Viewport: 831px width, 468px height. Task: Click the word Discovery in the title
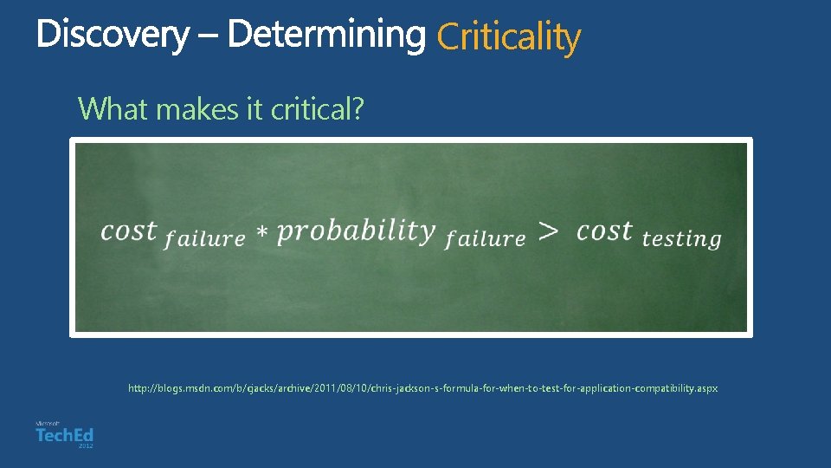(112, 36)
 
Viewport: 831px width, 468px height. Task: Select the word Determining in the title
(327, 36)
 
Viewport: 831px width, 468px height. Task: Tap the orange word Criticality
(508, 37)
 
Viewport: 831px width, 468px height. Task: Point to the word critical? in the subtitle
(317, 109)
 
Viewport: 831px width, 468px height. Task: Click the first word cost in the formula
(129, 231)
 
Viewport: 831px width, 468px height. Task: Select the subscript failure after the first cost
(205, 239)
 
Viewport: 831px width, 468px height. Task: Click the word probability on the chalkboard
(356, 231)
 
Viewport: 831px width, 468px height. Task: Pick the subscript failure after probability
(485, 239)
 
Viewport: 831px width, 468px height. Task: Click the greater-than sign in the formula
(549, 231)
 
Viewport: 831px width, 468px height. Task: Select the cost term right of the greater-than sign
(605, 231)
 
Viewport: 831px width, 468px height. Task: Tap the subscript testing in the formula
(682, 239)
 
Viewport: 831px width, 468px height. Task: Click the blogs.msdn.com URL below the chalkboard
(422, 388)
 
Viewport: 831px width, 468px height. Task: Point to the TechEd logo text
(64, 435)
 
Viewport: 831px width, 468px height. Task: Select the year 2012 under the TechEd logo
(85, 445)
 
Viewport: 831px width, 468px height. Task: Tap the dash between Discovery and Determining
(208, 36)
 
